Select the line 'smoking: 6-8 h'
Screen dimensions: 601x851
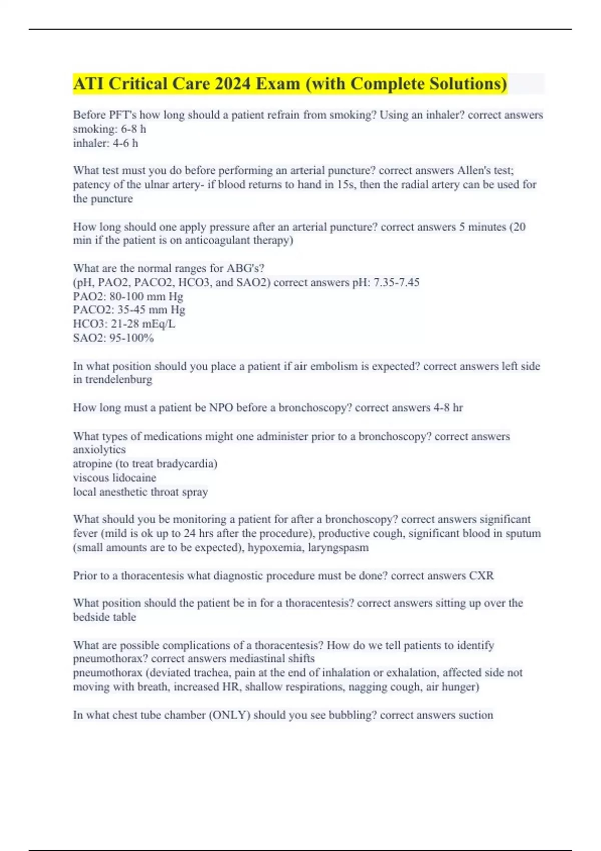coord(109,129)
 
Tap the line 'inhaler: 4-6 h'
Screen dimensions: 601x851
coord(105,143)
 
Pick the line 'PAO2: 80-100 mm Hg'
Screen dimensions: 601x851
coord(128,296)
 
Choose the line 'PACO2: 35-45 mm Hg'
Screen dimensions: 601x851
coord(129,310)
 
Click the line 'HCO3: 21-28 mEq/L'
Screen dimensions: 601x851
coord(124,324)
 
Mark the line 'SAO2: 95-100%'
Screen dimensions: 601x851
coord(113,338)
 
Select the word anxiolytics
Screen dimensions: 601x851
coord(99,449)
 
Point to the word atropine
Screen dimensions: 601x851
coord(92,463)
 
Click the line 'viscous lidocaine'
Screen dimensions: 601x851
coord(114,477)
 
